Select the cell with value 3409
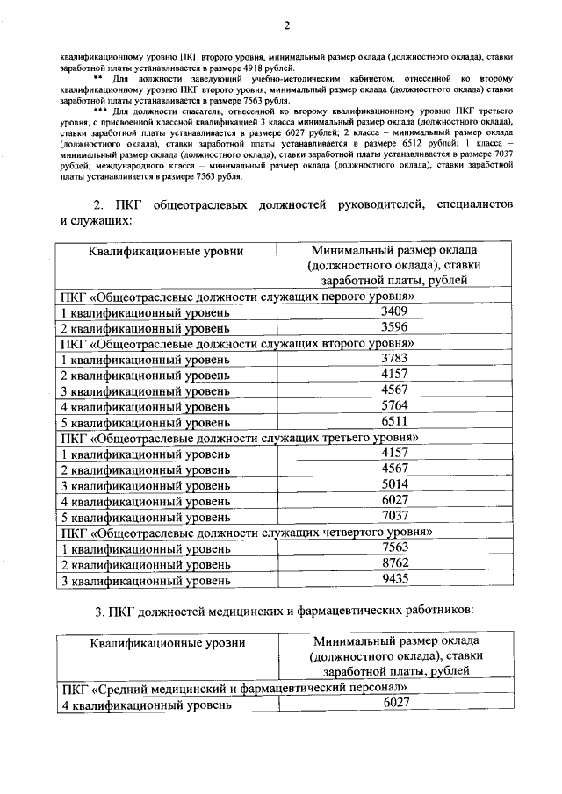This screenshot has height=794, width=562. [x=395, y=311]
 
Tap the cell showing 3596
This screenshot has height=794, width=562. [x=395, y=326]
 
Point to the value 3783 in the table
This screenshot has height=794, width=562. [x=395, y=358]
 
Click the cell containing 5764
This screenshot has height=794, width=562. [x=395, y=405]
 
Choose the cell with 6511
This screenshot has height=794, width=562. [x=395, y=421]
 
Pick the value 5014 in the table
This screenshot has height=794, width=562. [x=395, y=483]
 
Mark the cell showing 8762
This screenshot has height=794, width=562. [x=395, y=562]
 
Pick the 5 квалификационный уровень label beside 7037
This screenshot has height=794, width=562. [x=145, y=516]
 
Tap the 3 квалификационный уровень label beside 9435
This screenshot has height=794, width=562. [x=145, y=579]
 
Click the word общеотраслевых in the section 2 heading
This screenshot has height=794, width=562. [x=205, y=204]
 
